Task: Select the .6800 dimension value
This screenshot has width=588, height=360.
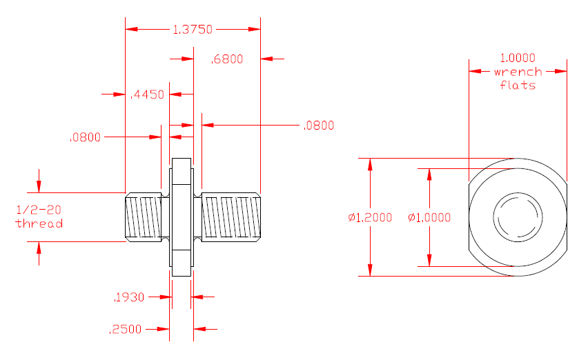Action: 227,59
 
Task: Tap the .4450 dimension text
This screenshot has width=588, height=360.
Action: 147,94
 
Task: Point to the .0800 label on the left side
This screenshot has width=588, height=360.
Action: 85,137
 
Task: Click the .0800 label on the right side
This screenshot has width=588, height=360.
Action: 318,126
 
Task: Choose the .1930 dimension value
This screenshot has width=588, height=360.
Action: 128,297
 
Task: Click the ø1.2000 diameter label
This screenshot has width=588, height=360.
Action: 370,217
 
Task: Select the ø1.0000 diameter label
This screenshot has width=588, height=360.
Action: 429,217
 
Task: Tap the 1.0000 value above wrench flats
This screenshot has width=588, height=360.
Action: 518,58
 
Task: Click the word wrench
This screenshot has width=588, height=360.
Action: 518,72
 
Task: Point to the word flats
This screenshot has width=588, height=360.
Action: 518,86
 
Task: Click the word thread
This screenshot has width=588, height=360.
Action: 39,223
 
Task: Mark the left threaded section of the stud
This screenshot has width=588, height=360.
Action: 145,217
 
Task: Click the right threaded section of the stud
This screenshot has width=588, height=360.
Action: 231,217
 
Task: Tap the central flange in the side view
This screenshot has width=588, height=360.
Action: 182,217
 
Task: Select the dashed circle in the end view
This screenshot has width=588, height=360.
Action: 517,217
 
